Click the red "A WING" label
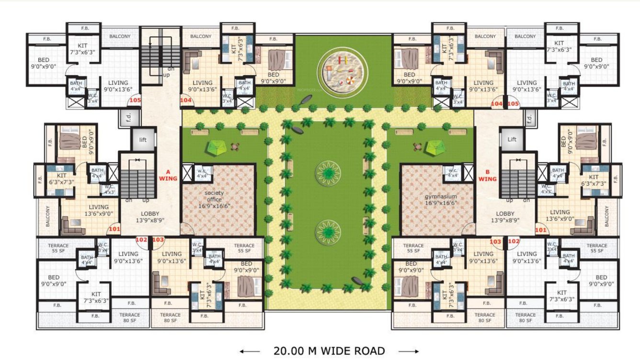tap(168, 175)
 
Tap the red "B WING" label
tap(487, 176)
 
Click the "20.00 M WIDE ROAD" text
tap(329, 351)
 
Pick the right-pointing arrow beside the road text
tap(408, 351)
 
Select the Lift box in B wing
tap(512, 140)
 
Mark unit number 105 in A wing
tap(135, 101)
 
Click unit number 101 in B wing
tap(540, 229)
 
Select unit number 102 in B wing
tap(514, 241)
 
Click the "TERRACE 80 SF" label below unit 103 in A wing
tap(170, 318)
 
